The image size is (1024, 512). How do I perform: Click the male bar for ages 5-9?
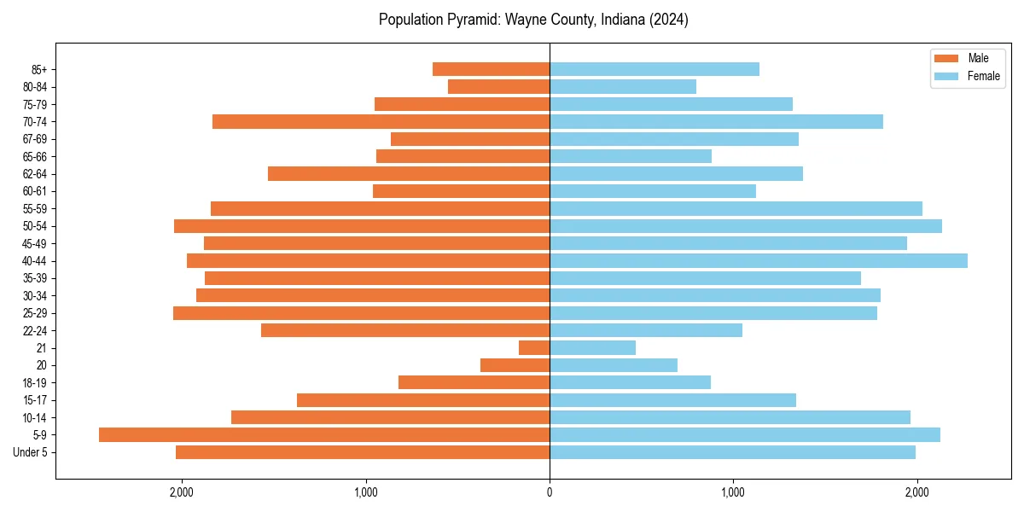[x=324, y=434]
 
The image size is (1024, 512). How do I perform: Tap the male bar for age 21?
[x=534, y=347]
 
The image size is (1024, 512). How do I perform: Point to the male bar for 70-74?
[x=381, y=121]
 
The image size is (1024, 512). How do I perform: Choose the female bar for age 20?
[x=613, y=365]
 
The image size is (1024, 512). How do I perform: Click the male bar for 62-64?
[x=408, y=173]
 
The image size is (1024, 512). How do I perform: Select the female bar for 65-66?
[x=630, y=156]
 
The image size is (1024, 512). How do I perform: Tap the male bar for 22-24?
[x=404, y=330]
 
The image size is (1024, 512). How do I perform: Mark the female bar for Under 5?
[x=732, y=452]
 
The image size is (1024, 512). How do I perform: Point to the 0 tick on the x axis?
[x=550, y=492]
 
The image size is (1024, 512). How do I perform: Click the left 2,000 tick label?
[x=182, y=492]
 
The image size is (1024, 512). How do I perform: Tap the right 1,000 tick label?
[x=732, y=492]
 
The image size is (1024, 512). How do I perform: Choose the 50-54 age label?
[x=34, y=226]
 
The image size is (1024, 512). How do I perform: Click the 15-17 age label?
[x=34, y=400]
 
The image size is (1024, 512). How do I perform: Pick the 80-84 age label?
[x=34, y=87]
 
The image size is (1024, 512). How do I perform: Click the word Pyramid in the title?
[x=466, y=20]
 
